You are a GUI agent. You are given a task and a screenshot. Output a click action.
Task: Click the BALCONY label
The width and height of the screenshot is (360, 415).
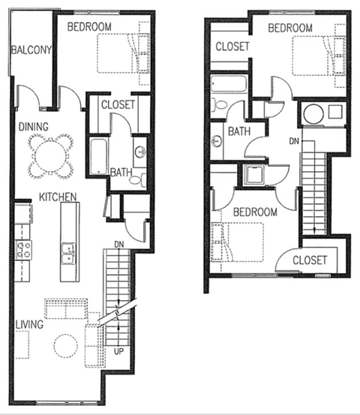click(30, 51)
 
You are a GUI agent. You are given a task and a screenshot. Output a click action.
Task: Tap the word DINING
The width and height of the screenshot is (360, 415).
click(34, 127)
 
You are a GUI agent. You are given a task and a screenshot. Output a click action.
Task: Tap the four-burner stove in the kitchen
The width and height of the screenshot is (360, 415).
click(22, 248)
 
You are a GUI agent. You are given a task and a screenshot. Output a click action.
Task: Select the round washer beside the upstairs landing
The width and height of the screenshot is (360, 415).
click(313, 114)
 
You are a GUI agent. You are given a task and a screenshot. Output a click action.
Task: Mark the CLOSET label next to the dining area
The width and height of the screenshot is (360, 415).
click(118, 105)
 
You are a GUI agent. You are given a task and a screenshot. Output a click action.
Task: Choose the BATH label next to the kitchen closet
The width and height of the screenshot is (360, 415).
click(121, 172)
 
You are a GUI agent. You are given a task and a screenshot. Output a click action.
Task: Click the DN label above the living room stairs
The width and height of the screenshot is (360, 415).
click(119, 244)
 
